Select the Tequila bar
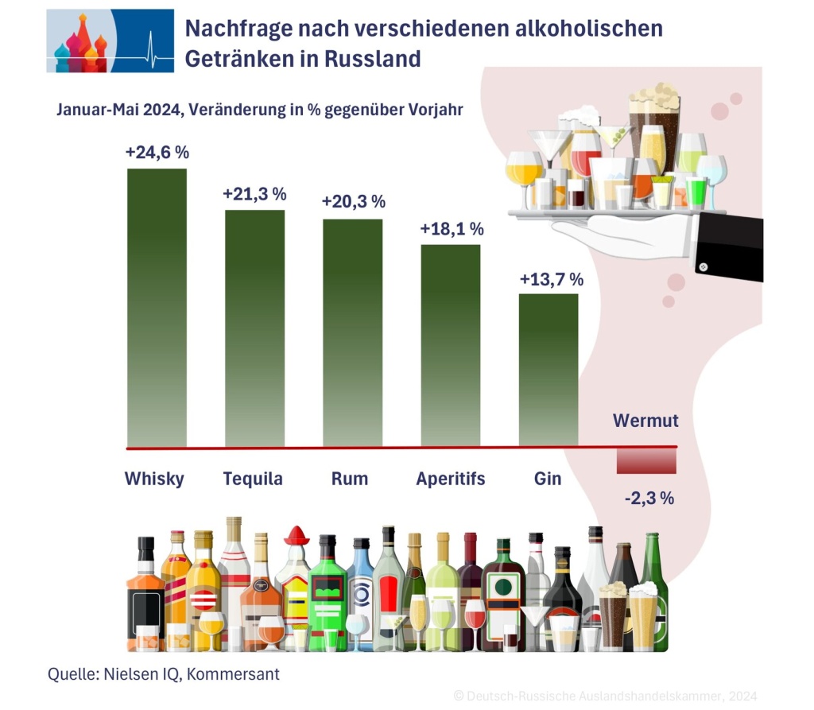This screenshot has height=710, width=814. pos(254,327)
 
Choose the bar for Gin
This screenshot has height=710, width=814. pos(548,370)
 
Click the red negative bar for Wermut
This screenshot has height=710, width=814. pos(646,461)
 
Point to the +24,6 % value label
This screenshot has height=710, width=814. pos(157,153)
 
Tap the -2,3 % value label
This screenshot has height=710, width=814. pos(648,499)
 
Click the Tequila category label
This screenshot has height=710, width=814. pos(253,479)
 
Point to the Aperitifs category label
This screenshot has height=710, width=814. pos(451,479)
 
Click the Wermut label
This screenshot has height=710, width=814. pos(645,421)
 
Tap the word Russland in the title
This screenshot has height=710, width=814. pos(373,58)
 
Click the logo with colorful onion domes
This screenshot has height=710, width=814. pos(110,41)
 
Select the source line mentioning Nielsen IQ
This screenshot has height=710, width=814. pos(164,674)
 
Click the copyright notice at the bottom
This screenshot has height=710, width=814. pos(604,695)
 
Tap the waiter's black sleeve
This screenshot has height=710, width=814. pos(730,248)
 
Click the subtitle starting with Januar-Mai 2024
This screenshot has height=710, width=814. pos(259,110)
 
